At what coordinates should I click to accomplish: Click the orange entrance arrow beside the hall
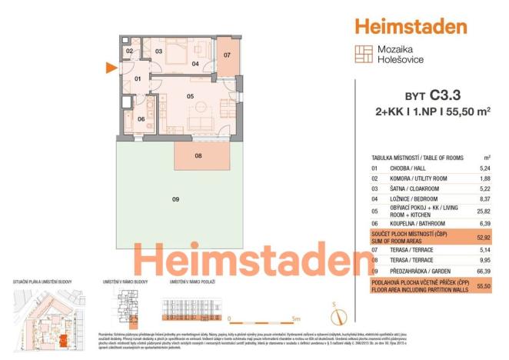[x=111, y=68]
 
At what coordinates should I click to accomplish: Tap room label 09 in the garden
[x=175, y=199]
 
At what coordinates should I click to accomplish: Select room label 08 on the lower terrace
[x=198, y=156]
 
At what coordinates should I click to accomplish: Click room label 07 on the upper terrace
[x=227, y=55]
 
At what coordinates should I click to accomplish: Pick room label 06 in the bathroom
[x=141, y=118]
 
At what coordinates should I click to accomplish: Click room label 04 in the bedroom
[x=195, y=64]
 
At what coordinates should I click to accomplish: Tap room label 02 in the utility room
[x=130, y=52]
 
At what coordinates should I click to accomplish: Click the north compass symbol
[x=334, y=314]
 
